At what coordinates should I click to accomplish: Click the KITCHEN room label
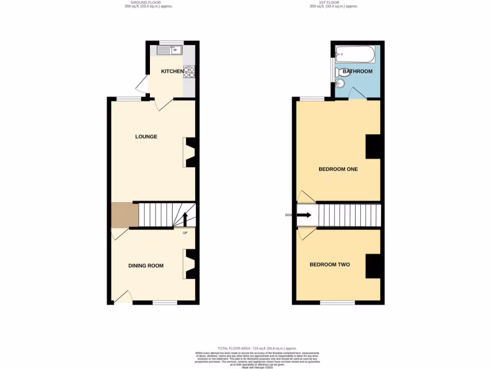[172, 72]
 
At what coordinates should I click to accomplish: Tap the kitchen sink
[169, 49]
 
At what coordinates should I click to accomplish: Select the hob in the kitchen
[189, 72]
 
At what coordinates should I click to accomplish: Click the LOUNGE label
[146, 137]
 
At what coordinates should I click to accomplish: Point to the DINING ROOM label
[146, 266]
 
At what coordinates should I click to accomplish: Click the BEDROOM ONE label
[338, 170]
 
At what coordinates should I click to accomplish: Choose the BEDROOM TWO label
[329, 265]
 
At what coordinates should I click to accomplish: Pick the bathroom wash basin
[340, 84]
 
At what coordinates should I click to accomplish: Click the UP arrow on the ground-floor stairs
[184, 219]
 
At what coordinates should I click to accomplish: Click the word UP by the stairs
[185, 233]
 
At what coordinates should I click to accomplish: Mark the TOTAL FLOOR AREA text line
[257, 348]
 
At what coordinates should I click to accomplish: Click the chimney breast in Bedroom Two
[373, 266]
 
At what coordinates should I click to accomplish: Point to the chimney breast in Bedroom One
[373, 147]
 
